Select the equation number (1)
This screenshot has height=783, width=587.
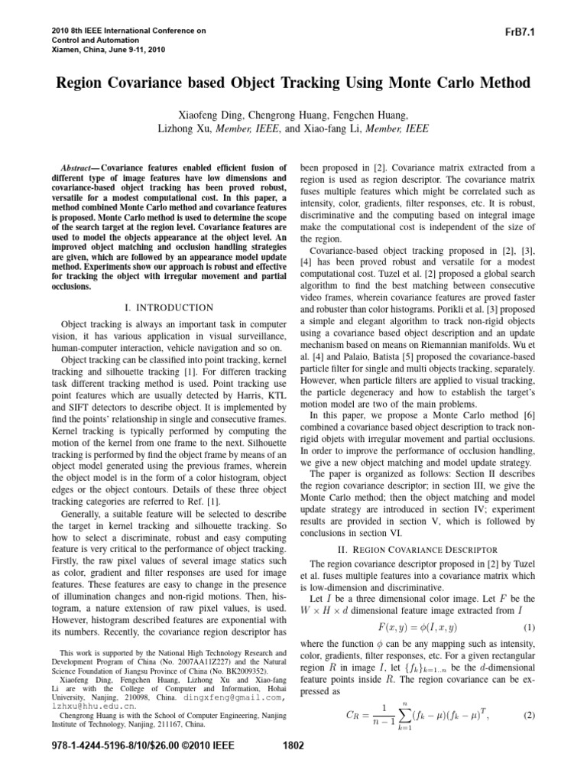click(528, 626)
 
